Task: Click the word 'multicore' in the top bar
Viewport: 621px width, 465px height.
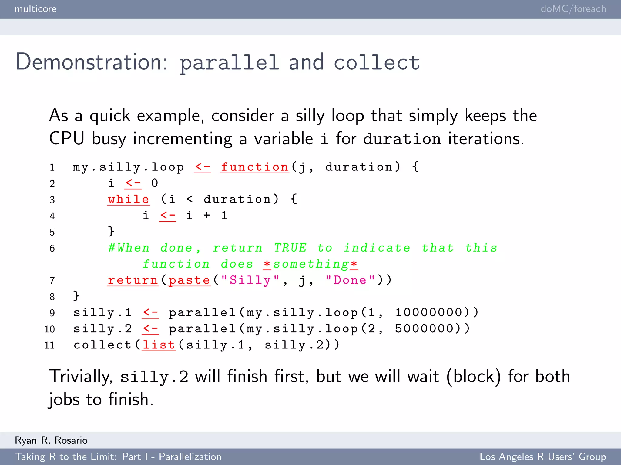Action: point(35,9)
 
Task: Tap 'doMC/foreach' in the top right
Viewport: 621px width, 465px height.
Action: point(573,9)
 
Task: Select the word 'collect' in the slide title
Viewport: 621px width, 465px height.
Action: point(377,63)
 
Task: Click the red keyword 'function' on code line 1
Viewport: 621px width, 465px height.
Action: point(254,167)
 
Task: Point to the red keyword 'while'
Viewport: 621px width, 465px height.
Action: point(129,200)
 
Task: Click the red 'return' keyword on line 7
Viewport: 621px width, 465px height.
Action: point(133,280)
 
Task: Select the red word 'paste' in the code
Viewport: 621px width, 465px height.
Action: point(189,280)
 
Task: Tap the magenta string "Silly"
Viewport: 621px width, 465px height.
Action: point(250,280)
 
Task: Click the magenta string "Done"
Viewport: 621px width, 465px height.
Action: point(350,280)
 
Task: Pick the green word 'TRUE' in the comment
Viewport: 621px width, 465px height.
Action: point(290,248)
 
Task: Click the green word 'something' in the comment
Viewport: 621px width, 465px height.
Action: point(310,264)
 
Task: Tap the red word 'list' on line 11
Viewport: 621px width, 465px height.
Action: point(159,345)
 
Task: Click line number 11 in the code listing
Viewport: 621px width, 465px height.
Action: point(49,345)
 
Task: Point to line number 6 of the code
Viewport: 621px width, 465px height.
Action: point(52,249)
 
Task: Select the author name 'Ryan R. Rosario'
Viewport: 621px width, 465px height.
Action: point(51,440)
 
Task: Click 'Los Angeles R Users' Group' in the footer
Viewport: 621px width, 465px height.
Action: point(542,457)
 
